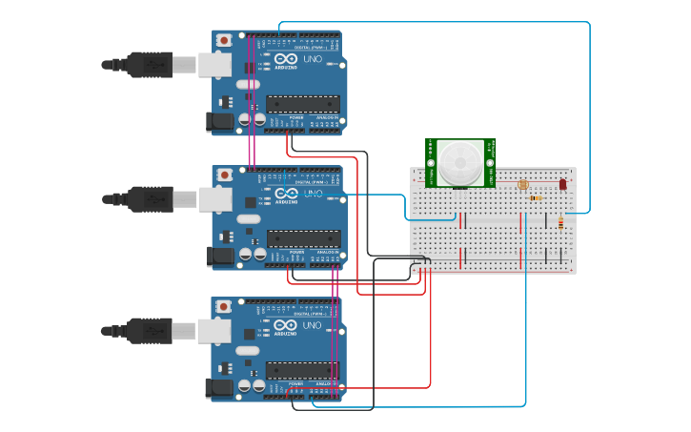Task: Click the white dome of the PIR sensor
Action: (460, 159)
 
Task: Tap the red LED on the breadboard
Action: (562, 183)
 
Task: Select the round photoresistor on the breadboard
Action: (522, 184)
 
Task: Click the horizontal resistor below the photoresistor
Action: (534, 198)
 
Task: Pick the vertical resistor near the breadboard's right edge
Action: (559, 222)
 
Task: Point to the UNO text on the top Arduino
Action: (313, 59)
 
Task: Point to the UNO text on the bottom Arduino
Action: (313, 325)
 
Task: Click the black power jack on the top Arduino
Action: (219, 121)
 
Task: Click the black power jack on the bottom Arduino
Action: (219, 387)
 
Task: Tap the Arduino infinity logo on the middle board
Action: (286, 194)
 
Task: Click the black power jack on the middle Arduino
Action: (219, 255)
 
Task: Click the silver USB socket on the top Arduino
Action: (214, 65)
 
